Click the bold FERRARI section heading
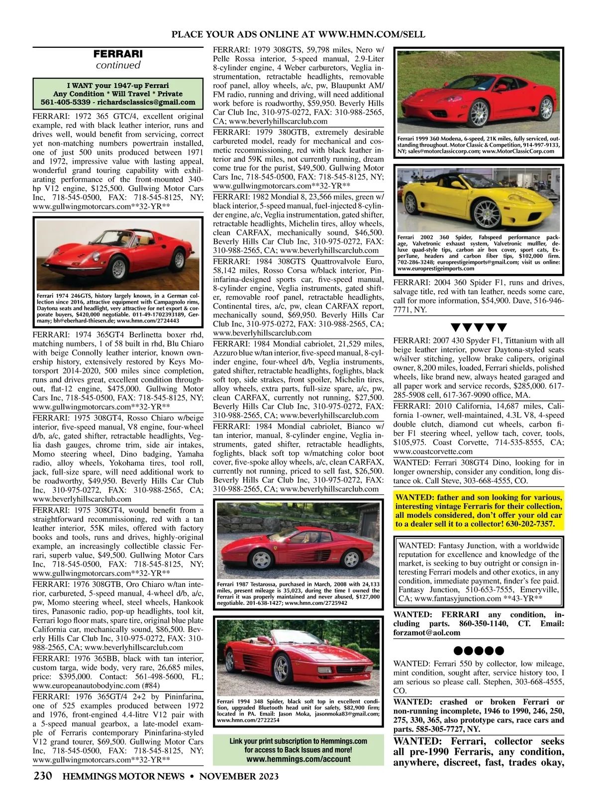(x=118, y=54)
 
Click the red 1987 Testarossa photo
(x=298, y=539)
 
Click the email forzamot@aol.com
(x=427, y=633)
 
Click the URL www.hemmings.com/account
(x=298, y=759)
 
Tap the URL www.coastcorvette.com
(x=433, y=452)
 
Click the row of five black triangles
(x=479, y=327)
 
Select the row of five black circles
(x=479, y=650)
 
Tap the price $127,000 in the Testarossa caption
(x=366, y=596)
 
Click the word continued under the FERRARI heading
(x=118, y=65)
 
